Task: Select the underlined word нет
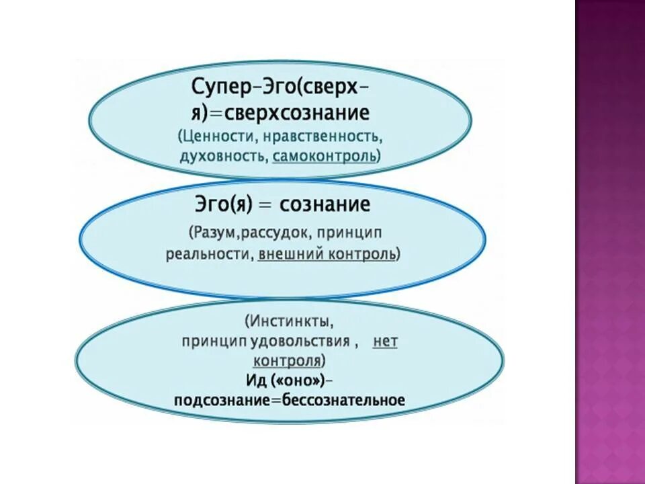385,341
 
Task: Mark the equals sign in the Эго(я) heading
265,205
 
